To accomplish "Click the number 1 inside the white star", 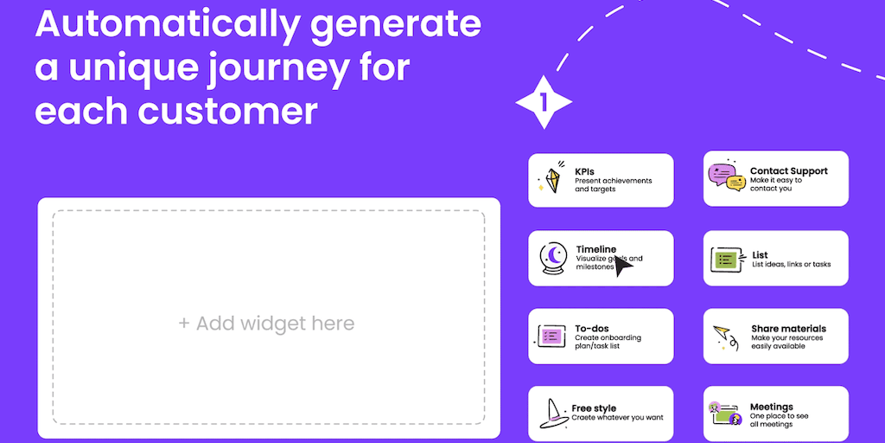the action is pos(544,102).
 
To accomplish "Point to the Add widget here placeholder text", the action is pos(266,324).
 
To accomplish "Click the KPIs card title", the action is pos(584,171).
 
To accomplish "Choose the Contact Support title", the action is pos(788,170).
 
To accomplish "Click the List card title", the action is pos(760,255).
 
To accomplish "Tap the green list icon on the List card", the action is pos(725,259).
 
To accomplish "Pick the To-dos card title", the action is pos(590,329).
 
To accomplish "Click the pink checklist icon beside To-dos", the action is pos(550,337).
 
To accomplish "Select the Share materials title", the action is pos(788,329).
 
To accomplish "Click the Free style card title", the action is pos(594,408).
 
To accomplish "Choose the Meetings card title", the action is pos(772,407).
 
